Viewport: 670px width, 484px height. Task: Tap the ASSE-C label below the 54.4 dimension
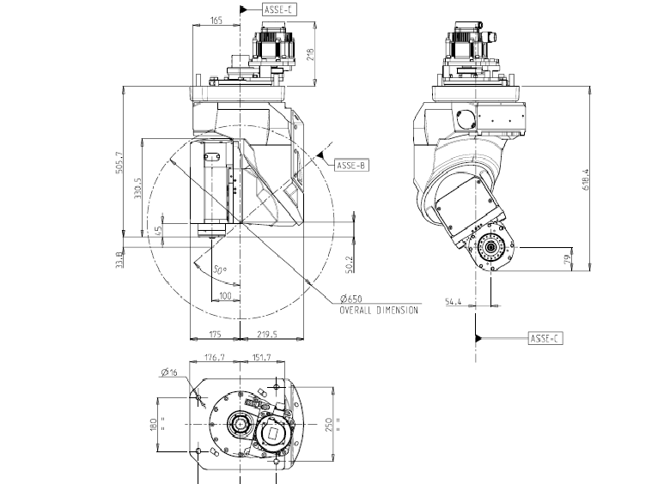point(545,338)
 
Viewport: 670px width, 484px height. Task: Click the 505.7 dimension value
point(120,162)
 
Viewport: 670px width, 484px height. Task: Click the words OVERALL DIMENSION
point(379,310)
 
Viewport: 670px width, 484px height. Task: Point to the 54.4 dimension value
point(454,301)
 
